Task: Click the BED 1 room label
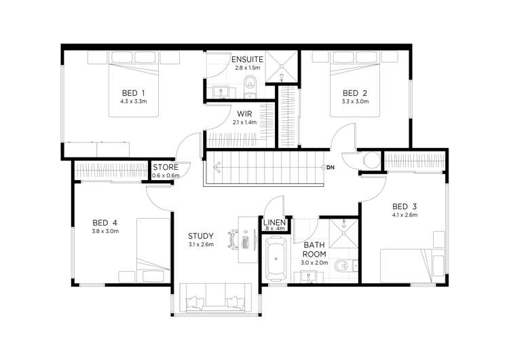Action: pyautogui.click(x=134, y=93)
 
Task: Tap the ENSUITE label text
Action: pyautogui.click(x=247, y=60)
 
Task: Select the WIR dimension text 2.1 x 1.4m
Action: pyautogui.click(x=244, y=122)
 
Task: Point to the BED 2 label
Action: pyautogui.click(x=355, y=93)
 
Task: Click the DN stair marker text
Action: pyautogui.click(x=331, y=167)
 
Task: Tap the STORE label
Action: pyautogui.click(x=166, y=167)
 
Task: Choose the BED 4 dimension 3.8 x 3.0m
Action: pyautogui.click(x=105, y=232)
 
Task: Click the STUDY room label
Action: pyautogui.click(x=201, y=236)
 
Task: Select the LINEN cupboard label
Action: pyautogui.click(x=274, y=223)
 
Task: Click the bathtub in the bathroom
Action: pyautogui.click(x=276, y=259)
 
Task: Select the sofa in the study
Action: pyautogui.click(x=216, y=298)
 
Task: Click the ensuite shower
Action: pyautogui.click(x=282, y=67)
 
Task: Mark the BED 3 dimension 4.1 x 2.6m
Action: pyautogui.click(x=404, y=215)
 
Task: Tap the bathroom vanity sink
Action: pyautogui.click(x=308, y=276)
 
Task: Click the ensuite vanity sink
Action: pyautogui.click(x=221, y=92)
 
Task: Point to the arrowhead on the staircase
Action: pyautogui.click(x=217, y=167)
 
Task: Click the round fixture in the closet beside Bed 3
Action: pyautogui.click(x=371, y=160)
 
